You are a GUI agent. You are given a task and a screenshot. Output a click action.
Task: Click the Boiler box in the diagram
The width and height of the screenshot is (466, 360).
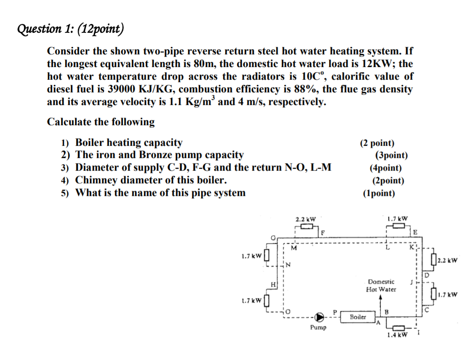point(358,317)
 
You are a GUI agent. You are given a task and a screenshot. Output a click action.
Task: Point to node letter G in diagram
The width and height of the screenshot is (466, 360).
point(273,238)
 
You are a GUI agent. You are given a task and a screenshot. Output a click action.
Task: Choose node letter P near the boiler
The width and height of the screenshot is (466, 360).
point(335,311)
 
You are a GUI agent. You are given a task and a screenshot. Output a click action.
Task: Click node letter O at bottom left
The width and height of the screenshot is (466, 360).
point(289,311)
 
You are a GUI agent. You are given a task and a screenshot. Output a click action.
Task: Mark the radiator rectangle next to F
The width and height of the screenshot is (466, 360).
point(307,226)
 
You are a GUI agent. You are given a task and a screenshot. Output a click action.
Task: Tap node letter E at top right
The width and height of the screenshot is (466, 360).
point(415,232)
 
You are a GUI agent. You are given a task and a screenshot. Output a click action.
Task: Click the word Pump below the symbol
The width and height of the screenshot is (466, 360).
point(318,327)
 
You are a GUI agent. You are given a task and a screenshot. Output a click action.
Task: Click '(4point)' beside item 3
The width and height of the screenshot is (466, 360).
point(385,168)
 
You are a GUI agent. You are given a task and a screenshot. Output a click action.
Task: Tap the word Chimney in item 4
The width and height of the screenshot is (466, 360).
point(97,180)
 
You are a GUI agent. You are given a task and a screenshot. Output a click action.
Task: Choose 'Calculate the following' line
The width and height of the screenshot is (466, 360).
point(101,122)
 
